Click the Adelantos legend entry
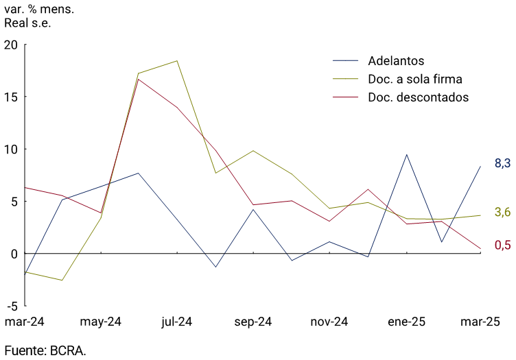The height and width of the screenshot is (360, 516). [x=396, y=60]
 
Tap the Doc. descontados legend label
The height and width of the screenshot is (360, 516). [x=418, y=97]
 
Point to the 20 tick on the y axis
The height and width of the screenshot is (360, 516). [x=11, y=45]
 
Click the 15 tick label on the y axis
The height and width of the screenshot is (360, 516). [x=11, y=97]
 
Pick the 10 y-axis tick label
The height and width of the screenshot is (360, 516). [x=11, y=149]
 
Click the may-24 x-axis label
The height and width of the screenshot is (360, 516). [x=101, y=322]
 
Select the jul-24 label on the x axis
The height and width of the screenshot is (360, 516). [x=177, y=322]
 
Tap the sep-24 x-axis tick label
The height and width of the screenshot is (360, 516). [x=253, y=322]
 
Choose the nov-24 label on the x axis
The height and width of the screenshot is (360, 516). [x=330, y=322]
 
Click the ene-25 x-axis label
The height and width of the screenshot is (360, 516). [x=406, y=322]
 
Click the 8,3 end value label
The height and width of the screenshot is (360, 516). [x=502, y=163]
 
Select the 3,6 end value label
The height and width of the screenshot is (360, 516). [x=502, y=212]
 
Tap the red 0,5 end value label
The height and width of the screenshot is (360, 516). [x=502, y=245]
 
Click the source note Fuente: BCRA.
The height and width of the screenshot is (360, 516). [x=45, y=350]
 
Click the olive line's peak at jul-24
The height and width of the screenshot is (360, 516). [x=177, y=61]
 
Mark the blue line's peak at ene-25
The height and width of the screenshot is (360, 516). [x=406, y=154]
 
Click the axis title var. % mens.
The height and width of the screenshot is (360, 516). [x=39, y=10]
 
